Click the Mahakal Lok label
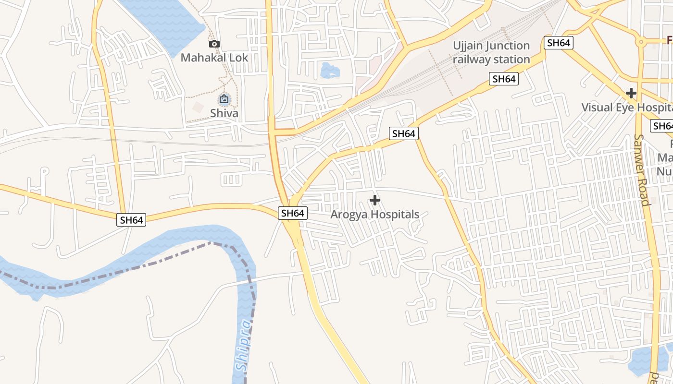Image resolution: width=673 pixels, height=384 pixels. (214, 58)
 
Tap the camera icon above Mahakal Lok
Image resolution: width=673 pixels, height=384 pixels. (214, 44)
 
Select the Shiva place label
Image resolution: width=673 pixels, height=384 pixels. (224, 113)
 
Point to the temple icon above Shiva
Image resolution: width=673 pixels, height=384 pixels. (224, 100)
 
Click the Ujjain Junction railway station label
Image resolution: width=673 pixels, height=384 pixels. (491, 52)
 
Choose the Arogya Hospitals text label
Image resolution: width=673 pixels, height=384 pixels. (375, 215)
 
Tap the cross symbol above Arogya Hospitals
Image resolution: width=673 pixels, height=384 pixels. (375, 200)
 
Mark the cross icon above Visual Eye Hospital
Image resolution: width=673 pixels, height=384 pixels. (631, 93)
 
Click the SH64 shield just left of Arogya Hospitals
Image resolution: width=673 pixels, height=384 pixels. (293, 213)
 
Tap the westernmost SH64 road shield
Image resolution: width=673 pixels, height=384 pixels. (132, 220)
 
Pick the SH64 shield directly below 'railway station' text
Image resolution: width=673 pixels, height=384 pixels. (504, 79)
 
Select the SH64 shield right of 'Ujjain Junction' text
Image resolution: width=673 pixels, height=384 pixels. (558, 43)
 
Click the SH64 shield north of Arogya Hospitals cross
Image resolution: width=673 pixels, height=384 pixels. (403, 133)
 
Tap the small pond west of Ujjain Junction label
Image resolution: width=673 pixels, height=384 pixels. (330, 71)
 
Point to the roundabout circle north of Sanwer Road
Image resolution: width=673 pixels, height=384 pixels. (640, 42)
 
